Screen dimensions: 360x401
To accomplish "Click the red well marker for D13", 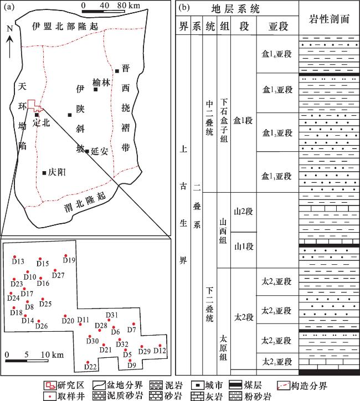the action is pyautogui.click(x=14, y=257).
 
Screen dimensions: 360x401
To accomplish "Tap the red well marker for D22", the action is pyautogui.click(x=88, y=362).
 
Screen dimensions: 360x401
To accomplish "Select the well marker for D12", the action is pyautogui.click(x=160, y=346).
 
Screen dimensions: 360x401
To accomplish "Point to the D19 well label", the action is pyautogui.click(x=69, y=260).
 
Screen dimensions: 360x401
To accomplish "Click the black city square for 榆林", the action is pyautogui.click(x=96, y=90).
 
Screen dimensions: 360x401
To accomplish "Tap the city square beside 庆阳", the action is pyautogui.click(x=44, y=173).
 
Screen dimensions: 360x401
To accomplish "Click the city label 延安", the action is pyautogui.click(x=100, y=151).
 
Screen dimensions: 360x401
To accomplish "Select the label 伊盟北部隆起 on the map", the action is pyautogui.click(x=65, y=26).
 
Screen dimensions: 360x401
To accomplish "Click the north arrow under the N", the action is pyautogui.click(x=10, y=47).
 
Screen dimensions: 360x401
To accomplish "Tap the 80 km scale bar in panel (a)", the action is pyautogui.click(x=104, y=11).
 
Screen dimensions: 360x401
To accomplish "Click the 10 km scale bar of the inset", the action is pyautogui.click(x=27, y=361).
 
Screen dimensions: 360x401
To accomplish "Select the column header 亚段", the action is pyautogui.click(x=278, y=26).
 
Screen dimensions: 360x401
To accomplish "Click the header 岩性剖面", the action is pyautogui.click(x=329, y=19).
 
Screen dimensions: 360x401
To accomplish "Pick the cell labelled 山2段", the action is pyautogui.click(x=243, y=212).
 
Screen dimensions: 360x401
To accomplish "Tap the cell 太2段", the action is pyautogui.click(x=244, y=317).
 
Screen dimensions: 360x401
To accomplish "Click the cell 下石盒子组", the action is pyautogui.click(x=224, y=120).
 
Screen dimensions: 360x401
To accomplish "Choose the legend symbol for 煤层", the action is pyautogui.click(x=235, y=385).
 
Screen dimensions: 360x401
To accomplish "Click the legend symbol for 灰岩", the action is pyautogui.click(x=198, y=396).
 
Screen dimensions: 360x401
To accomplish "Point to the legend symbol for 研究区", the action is pyautogui.click(x=50, y=385).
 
